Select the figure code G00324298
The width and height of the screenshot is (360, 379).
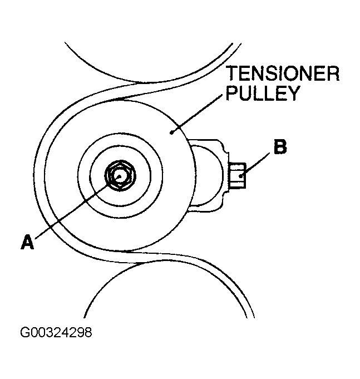point(56,333)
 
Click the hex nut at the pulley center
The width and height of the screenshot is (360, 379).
point(118,175)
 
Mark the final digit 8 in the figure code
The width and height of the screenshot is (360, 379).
point(87,333)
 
